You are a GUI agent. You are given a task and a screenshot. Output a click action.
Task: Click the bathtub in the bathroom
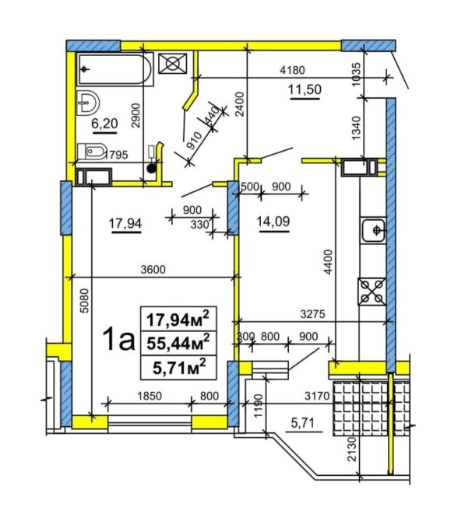tap(115, 69)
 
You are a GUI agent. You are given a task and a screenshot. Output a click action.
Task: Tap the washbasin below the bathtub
tap(88, 103)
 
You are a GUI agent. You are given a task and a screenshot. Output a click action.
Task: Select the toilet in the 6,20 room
tap(92, 152)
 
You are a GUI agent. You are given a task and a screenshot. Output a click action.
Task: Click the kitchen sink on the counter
tap(373, 230)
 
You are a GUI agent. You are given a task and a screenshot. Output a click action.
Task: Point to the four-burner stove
tap(372, 292)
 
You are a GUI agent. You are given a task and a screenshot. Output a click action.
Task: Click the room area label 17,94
tap(125, 223)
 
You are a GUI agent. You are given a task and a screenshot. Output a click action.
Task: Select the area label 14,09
tap(273, 222)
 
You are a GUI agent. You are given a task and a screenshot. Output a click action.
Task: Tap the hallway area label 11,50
tap(305, 89)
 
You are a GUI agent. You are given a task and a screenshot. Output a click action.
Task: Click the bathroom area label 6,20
tap(104, 124)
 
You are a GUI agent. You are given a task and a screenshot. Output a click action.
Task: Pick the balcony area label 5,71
tap(302, 423)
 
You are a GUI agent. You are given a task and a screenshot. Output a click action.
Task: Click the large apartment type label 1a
tap(119, 338)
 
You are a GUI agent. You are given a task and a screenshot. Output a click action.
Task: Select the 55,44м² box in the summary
tap(178, 343)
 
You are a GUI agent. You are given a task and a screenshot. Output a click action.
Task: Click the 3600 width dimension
tap(153, 269)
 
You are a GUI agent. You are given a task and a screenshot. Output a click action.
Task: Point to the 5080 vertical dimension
tap(85, 300)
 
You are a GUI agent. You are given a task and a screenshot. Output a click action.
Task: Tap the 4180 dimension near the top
tap(292, 70)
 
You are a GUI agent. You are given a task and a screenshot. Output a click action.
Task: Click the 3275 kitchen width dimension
tap(312, 314)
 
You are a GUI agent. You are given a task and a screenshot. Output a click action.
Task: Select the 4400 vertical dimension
tap(329, 262)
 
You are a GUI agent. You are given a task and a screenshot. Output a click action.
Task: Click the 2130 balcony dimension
tap(352, 449)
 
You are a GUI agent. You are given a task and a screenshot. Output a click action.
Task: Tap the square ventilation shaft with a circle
tap(172, 63)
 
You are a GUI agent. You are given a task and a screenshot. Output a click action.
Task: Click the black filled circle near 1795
tap(151, 169)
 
